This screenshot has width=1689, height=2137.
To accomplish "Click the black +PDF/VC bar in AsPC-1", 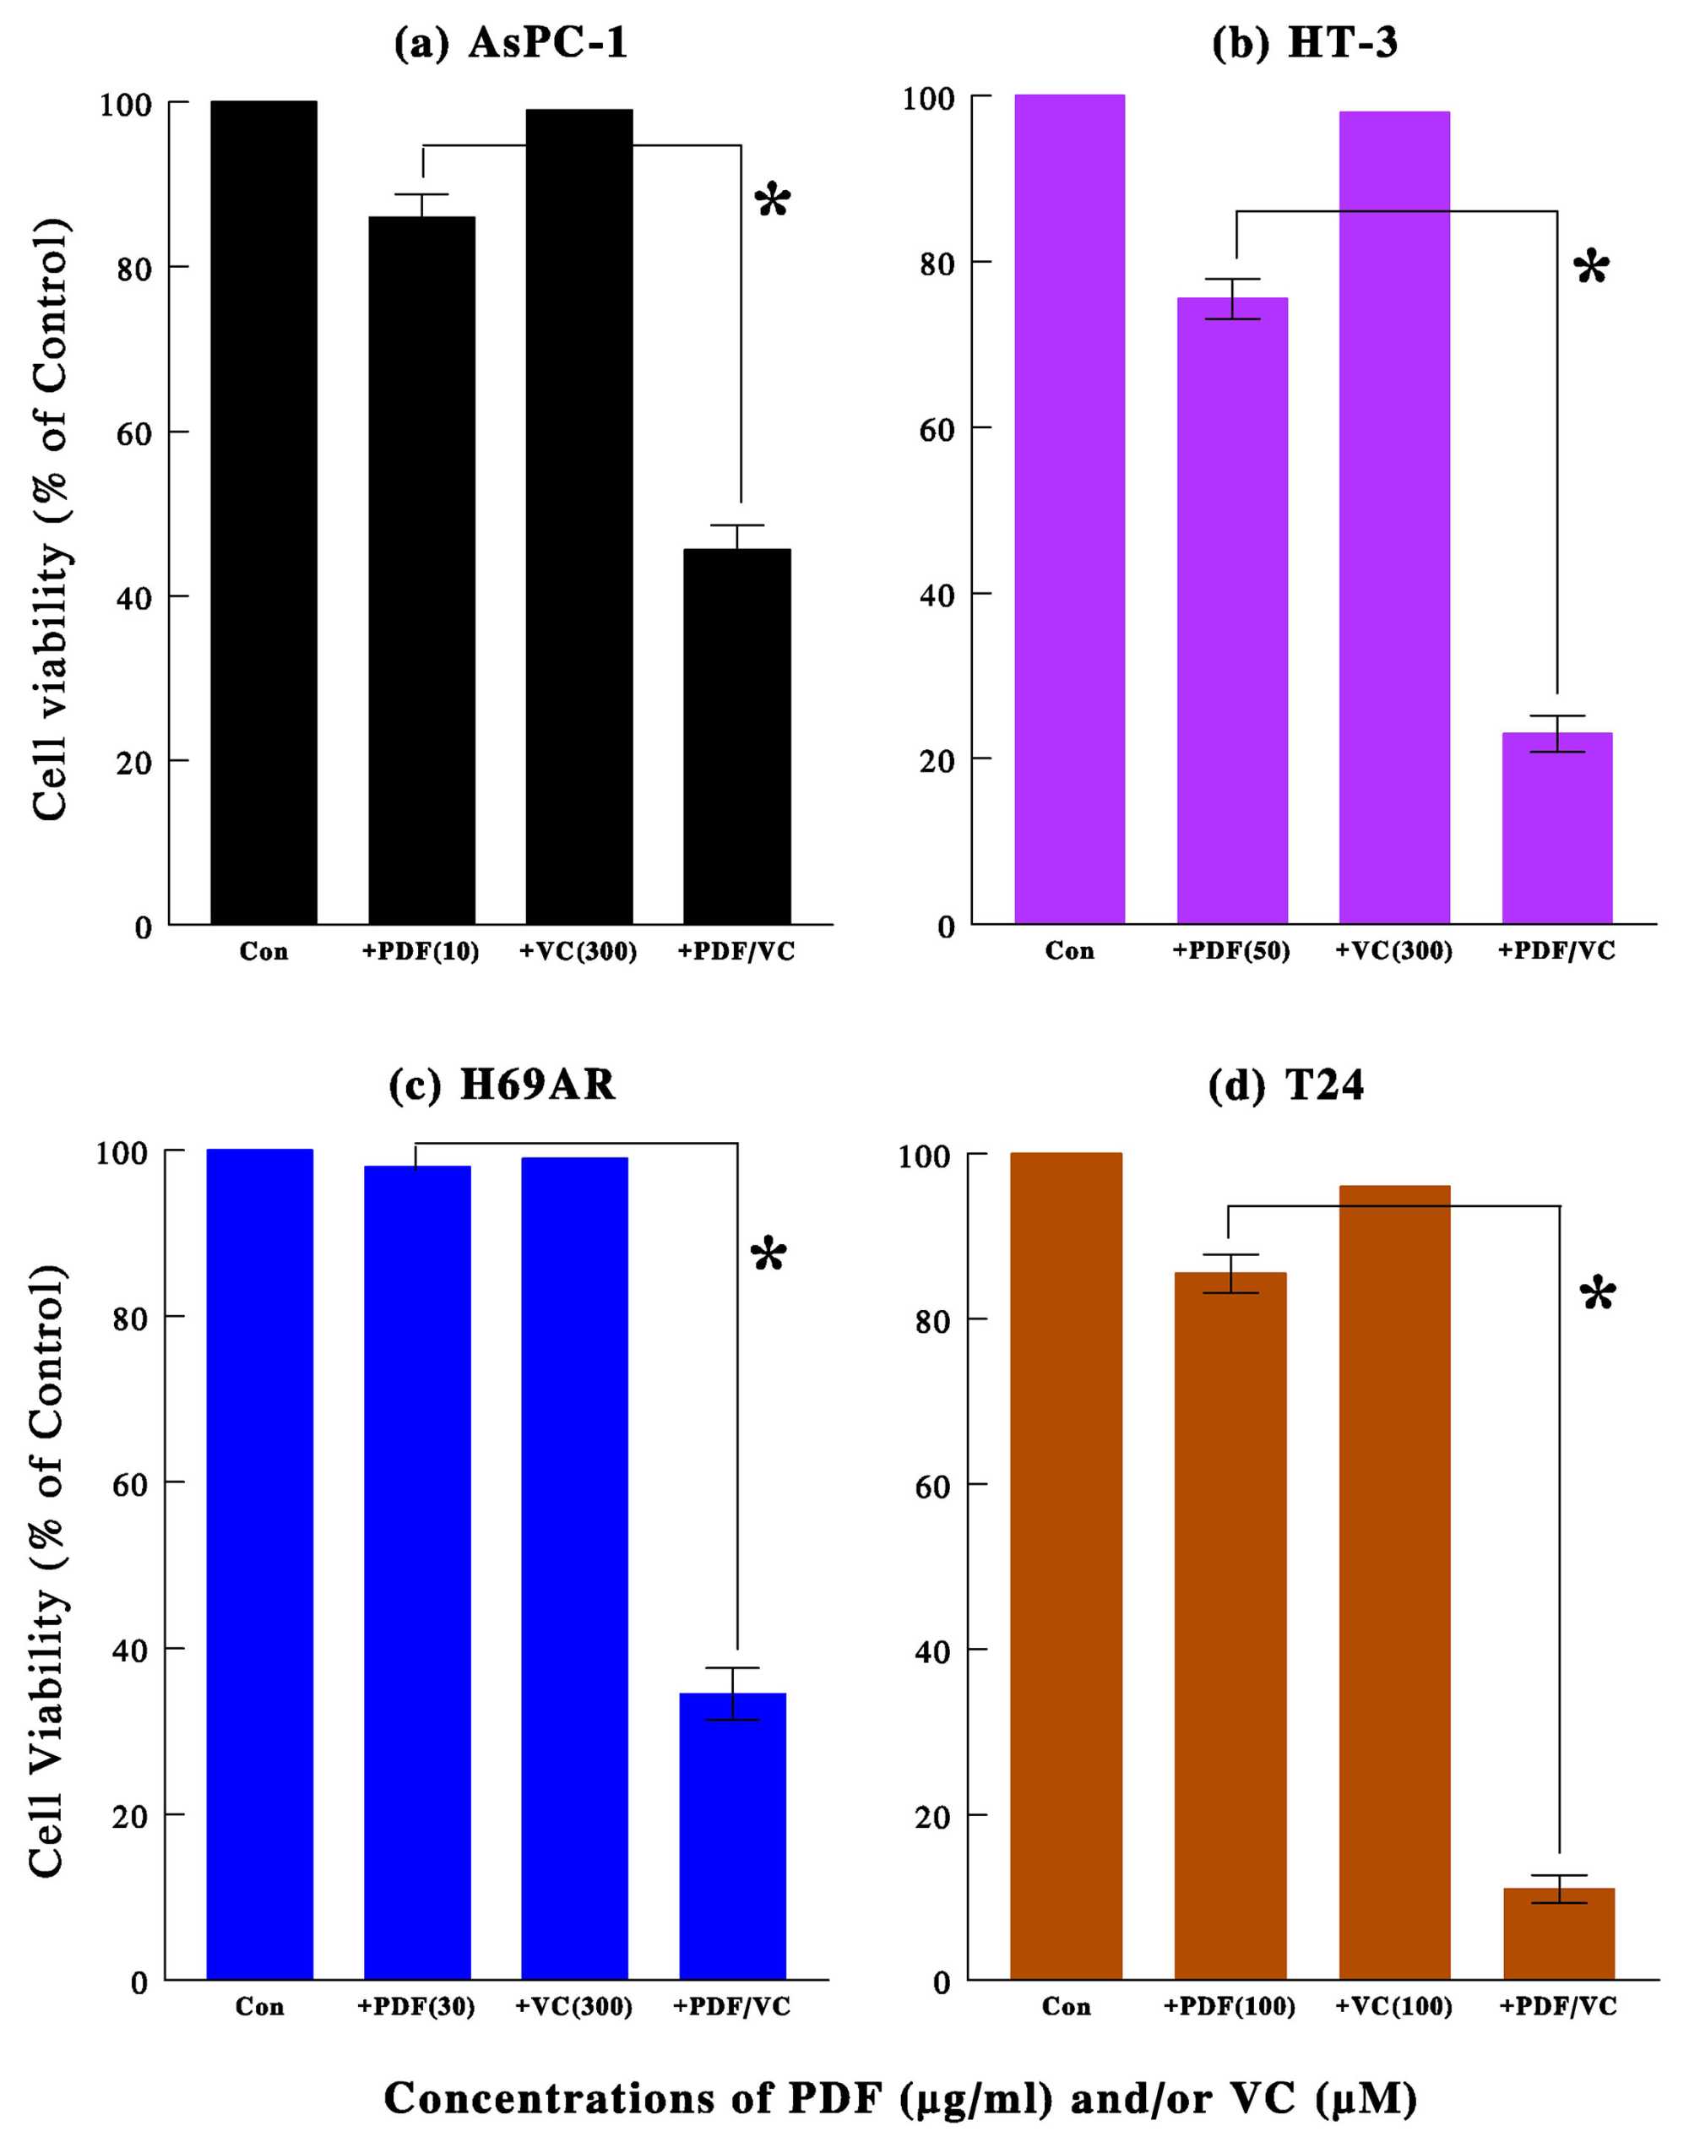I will click(x=736, y=737).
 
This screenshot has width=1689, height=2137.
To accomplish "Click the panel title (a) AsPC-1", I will click(x=510, y=44).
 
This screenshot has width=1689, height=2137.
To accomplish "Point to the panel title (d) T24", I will click(x=1285, y=1085).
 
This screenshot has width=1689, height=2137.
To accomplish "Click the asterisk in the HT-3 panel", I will click(x=1591, y=268).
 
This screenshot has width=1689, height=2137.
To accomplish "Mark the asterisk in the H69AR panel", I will click(x=768, y=1257).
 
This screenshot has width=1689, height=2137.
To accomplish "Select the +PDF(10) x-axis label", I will click(x=421, y=951).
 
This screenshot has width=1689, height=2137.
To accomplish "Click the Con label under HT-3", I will click(x=1069, y=951).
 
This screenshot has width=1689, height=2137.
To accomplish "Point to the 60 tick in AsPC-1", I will click(x=133, y=433).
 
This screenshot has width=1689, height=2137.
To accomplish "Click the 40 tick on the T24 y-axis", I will click(x=932, y=1651).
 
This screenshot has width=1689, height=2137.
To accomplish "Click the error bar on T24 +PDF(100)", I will click(x=1230, y=1274).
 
